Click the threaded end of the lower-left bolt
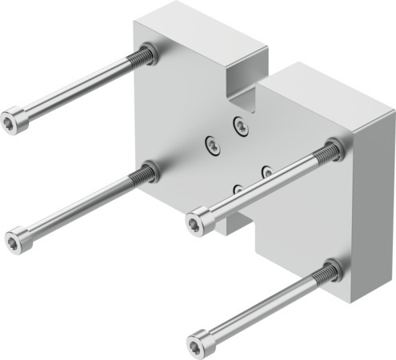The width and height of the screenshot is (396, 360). (146, 171)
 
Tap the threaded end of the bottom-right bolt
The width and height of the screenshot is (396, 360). (328, 273)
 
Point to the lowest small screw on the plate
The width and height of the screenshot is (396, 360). (238, 190)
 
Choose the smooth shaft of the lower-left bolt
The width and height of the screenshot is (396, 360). (80, 204)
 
